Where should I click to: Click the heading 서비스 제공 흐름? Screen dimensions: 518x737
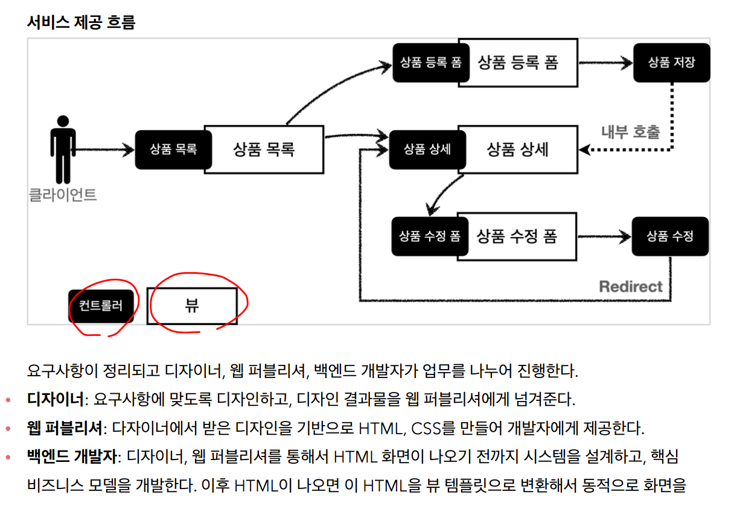coord(81,22)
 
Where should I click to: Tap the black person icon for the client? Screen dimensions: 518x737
coord(63,148)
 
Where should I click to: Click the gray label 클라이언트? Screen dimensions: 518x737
coord(63,195)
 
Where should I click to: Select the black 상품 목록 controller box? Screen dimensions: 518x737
coord(173,150)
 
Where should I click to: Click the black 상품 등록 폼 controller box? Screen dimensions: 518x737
coord(430,62)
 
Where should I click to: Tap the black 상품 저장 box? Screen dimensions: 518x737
coord(671,62)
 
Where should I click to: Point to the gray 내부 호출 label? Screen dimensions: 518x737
coord(630,132)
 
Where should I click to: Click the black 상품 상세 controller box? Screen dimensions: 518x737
coord(427,150)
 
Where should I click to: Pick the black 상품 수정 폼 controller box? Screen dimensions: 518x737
coord(429,236)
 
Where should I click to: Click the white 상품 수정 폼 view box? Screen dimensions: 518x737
coord(518,236)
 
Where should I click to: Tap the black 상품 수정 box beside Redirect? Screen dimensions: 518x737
coord(670,236)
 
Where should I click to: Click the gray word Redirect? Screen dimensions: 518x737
coord(630,286)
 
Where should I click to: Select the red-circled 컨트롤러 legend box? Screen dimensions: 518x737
coord(101,306)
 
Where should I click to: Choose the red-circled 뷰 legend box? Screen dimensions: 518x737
coord(192,306)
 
